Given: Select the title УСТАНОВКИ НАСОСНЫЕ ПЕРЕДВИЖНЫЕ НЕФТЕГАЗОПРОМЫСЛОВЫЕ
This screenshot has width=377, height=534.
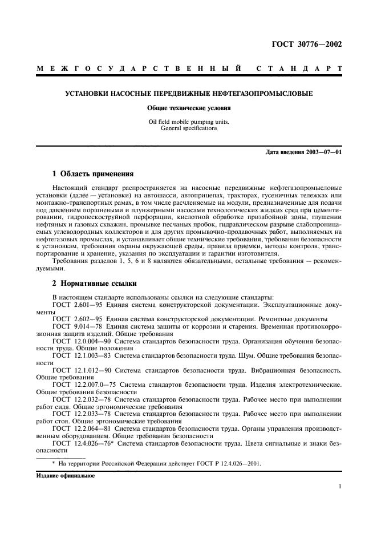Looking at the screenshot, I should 189,94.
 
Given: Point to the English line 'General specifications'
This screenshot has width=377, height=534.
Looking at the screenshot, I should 188,128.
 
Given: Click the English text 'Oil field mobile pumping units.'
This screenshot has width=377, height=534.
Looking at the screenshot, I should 188,121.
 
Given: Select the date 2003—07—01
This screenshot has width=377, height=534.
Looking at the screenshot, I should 323,152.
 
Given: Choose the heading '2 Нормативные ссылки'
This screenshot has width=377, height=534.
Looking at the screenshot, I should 94,284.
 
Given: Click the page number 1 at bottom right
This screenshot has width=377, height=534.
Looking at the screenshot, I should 339,487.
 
